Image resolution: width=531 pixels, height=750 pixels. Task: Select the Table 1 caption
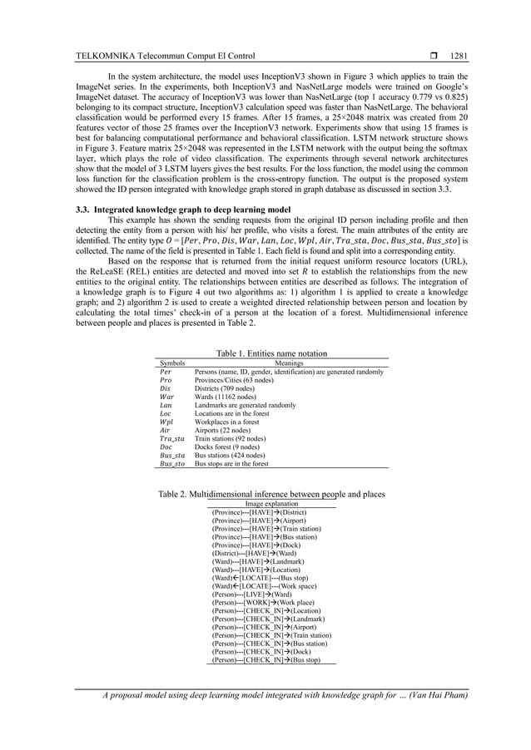click(265, 353)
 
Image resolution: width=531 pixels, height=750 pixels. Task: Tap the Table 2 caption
click(271, 495)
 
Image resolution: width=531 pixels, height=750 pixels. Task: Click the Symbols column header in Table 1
click(171, 363)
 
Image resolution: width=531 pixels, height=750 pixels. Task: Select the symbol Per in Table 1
click(165, 371)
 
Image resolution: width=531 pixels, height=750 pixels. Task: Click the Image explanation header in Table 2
click(271, 504)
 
